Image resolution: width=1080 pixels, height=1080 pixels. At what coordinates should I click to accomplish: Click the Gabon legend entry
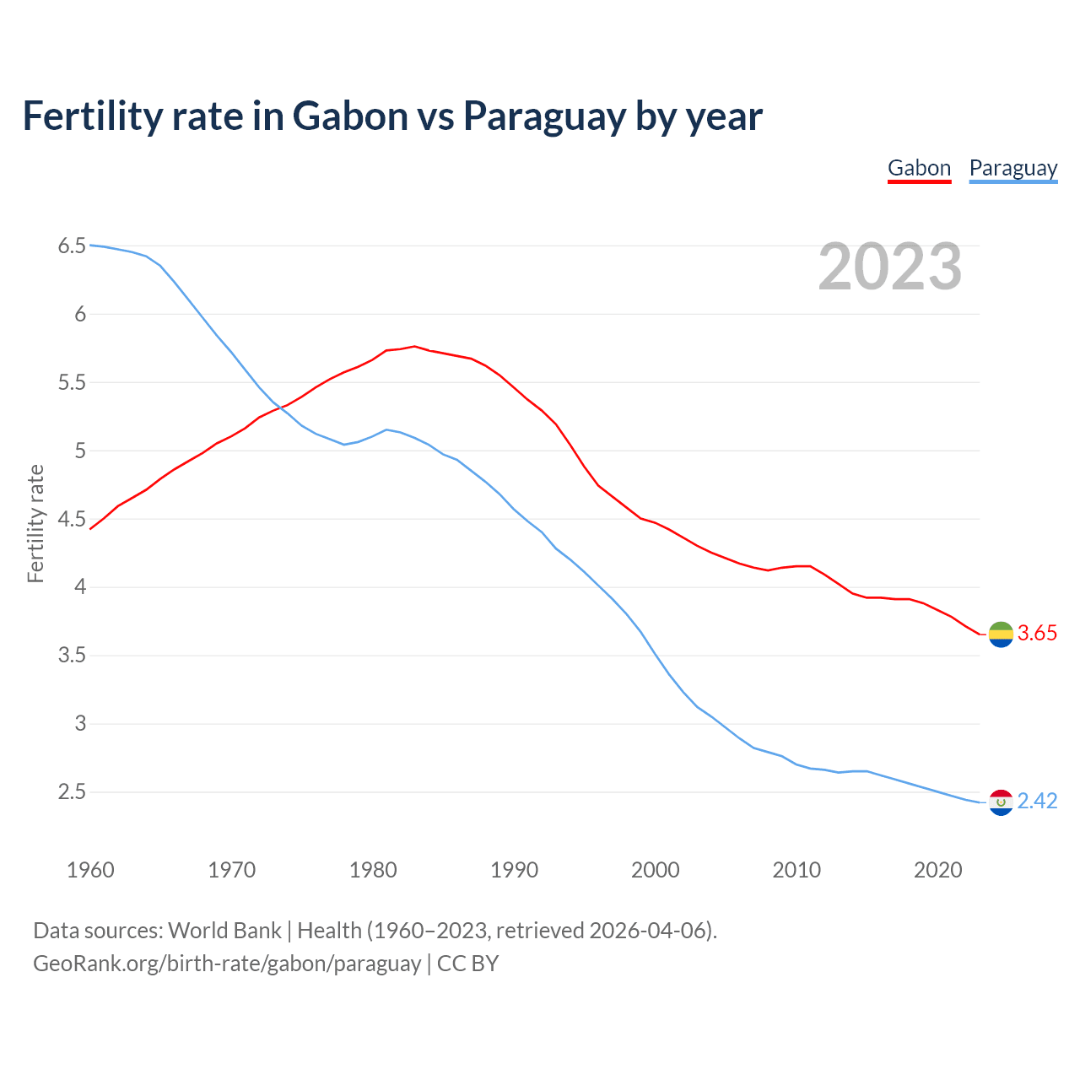pyautogui.click(x=919, y=168)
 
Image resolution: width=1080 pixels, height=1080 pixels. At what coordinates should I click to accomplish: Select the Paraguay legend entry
pyautogui.click(x=1012, y=168)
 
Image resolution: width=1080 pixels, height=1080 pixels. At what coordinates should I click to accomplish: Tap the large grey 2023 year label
pyautogui.click(x=890, y=267)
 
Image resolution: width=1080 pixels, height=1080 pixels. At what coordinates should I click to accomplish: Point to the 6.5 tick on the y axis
pyautogui.click(x=72, y=246)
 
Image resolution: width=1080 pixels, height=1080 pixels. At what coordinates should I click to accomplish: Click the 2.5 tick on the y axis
pyautogui.click(x=72, y=792)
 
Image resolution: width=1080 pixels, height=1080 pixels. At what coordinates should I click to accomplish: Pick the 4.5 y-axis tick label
pyautogui.click(x=72, y=519)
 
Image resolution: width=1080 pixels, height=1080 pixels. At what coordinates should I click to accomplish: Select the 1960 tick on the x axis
pyautogui.click(x=90, y=870)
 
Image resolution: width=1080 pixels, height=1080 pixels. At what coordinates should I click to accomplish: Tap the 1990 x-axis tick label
pyautogui.click(x=514, y=870)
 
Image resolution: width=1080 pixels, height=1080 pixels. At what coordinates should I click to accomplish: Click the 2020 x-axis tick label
pyautogui.click(x=937, y=870)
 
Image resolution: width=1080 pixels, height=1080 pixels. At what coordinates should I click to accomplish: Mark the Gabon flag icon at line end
pyautogui.click(x=1001, y=634)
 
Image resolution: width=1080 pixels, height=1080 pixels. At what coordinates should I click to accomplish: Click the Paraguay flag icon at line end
pyautogui.click(x=1001, y=802)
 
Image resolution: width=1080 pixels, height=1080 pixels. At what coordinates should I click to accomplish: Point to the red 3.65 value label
pyautogui.click(x=1037, y=634)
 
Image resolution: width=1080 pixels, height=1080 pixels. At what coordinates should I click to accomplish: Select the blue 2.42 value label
pyautogui.click(x=1037, y=802)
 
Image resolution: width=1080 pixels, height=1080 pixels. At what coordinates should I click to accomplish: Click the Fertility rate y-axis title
pyautogui.click(x=35, y=523)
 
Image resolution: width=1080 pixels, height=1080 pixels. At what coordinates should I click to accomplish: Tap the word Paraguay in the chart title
pyautogui.click(x=544, y=116)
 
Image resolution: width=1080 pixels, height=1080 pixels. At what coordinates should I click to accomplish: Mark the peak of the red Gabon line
pyautogui.click(x=414, y=346)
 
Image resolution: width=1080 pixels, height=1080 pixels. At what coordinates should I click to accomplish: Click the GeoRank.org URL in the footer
pyautogui.click(x=227, y=964)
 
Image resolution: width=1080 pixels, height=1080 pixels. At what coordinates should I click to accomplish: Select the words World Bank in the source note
pyautogui.click(x=224, y=931)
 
